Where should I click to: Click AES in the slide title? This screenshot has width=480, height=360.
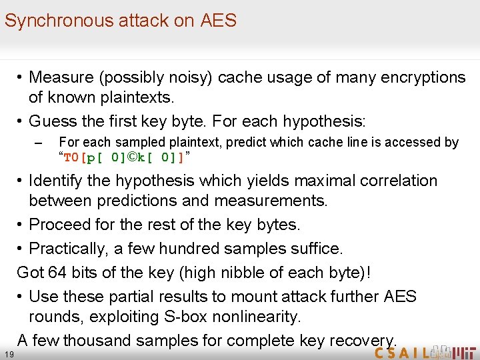pos(218,21)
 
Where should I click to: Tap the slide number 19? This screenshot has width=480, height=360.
pos(8,353)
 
